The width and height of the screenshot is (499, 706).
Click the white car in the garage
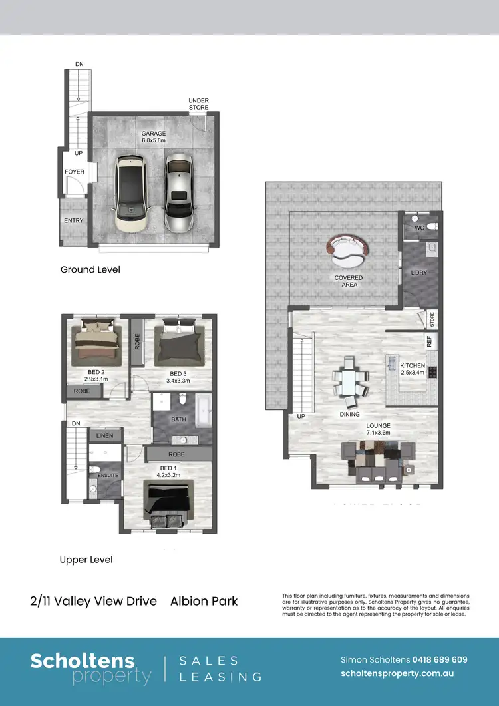(131, 192)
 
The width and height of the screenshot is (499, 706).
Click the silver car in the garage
(178, 192)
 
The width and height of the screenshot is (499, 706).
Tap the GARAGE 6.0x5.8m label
(153, 137)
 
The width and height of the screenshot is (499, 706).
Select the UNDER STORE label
(198, 104)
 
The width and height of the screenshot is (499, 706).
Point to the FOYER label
(75, 172)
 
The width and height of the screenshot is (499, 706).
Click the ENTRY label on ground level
(73, 220)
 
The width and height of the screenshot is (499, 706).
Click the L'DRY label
(419, 273)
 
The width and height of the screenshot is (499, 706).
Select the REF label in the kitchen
(430, 342)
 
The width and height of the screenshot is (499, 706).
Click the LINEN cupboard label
(105, 436)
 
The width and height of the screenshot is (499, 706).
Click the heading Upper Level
(86, 560)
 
